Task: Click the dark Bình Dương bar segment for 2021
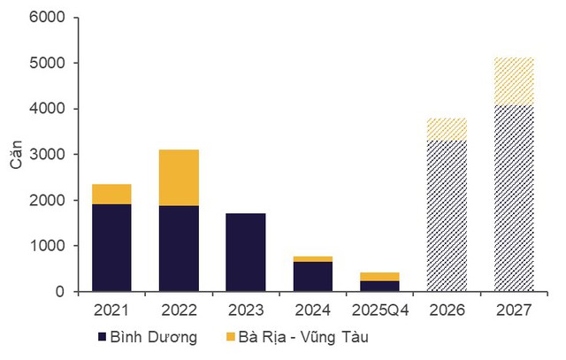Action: point(111,248)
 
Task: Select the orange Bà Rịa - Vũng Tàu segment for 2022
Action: point(179,177)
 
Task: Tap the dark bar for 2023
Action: point(246,252)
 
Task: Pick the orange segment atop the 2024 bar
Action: point(313,259)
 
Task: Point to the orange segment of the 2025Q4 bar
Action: point(379,277)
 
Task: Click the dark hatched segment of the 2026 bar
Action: point(447,216)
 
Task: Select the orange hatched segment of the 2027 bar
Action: point(514,81)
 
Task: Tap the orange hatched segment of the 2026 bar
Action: point(447,129)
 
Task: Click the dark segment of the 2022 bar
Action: point(179,249)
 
